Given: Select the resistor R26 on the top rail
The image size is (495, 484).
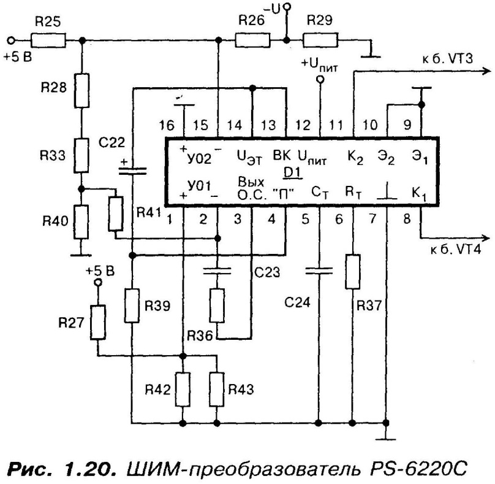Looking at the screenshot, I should pyautogui.click(x=251, y=40).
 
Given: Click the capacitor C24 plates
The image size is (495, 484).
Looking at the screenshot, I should pyautogui.click(x=319, y=270).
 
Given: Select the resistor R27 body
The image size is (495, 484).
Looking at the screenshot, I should pyautogui.click(x=98, y=321).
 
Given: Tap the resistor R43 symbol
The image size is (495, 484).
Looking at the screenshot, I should pyautogui.click(x=217, y=390).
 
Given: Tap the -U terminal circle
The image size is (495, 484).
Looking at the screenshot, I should pyautogui.click(x=287, y=7).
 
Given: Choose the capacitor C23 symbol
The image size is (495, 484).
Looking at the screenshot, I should pyautogui.click(x=217, y=270).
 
